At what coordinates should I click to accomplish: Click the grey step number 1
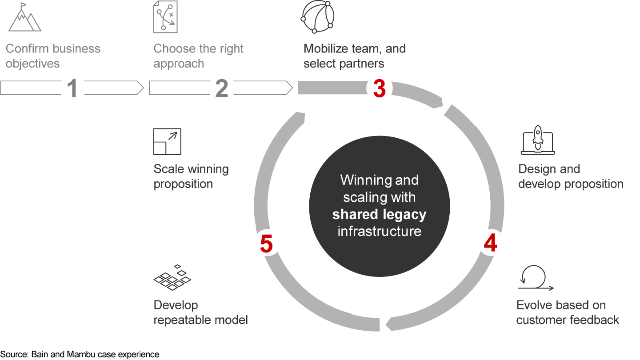72,88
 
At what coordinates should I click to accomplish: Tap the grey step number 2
221,88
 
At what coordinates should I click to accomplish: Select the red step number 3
379,88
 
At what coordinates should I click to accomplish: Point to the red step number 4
490,244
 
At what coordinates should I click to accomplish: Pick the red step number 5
266,244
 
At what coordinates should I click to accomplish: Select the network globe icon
317,17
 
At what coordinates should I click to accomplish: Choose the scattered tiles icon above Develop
172,278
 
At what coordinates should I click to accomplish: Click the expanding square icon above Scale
167,142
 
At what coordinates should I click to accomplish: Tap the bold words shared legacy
379,215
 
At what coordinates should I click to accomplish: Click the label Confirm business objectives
53,56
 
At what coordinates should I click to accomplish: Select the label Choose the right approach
198,56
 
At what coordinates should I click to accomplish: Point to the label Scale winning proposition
191,176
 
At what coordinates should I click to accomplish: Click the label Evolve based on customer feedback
567,312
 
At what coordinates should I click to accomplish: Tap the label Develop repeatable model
200,312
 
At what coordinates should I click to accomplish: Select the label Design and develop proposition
571,176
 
